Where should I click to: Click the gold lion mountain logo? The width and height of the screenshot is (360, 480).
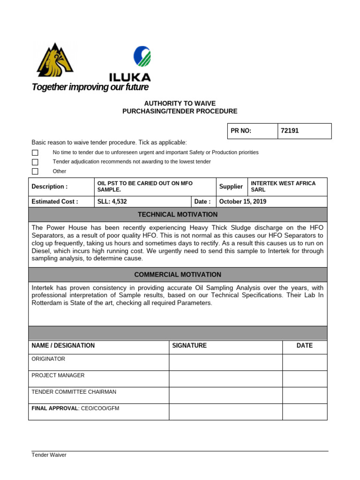tap(55, 60)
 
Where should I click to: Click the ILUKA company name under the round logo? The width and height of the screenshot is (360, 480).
tap(130, 77)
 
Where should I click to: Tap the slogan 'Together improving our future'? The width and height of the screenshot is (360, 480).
tap(90, 87)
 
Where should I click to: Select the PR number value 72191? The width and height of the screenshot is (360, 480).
tap(290, 131)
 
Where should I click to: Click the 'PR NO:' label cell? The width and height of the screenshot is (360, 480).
tap(241, 131)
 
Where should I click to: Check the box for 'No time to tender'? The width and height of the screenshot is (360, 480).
tap(35, 153)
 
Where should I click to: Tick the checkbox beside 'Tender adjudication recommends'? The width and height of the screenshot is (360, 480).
tap(35, 162)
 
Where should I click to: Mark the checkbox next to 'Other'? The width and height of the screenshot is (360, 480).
tap(35, 171)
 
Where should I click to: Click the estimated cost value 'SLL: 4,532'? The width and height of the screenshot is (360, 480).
tap(112, 202)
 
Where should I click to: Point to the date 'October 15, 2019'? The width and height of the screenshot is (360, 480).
tap(243, 202)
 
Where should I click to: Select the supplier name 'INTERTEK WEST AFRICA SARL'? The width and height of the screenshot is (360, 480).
tap(283, 187)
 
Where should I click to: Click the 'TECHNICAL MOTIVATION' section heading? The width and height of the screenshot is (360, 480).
tap(178, 215)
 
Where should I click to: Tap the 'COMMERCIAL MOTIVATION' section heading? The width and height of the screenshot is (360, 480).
tap(178, 275)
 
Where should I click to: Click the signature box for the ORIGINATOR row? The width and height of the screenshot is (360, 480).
tap(225, 362)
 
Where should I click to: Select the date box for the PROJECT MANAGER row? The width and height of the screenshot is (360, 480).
tap(305, 379)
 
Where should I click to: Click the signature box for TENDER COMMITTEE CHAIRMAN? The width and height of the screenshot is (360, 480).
tap(225, 395)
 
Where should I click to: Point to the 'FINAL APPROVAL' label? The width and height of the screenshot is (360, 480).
tap(54, 408)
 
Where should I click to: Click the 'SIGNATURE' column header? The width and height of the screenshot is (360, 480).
tap(189, 345)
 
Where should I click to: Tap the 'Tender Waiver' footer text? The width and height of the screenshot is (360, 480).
tap(49, 455)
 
